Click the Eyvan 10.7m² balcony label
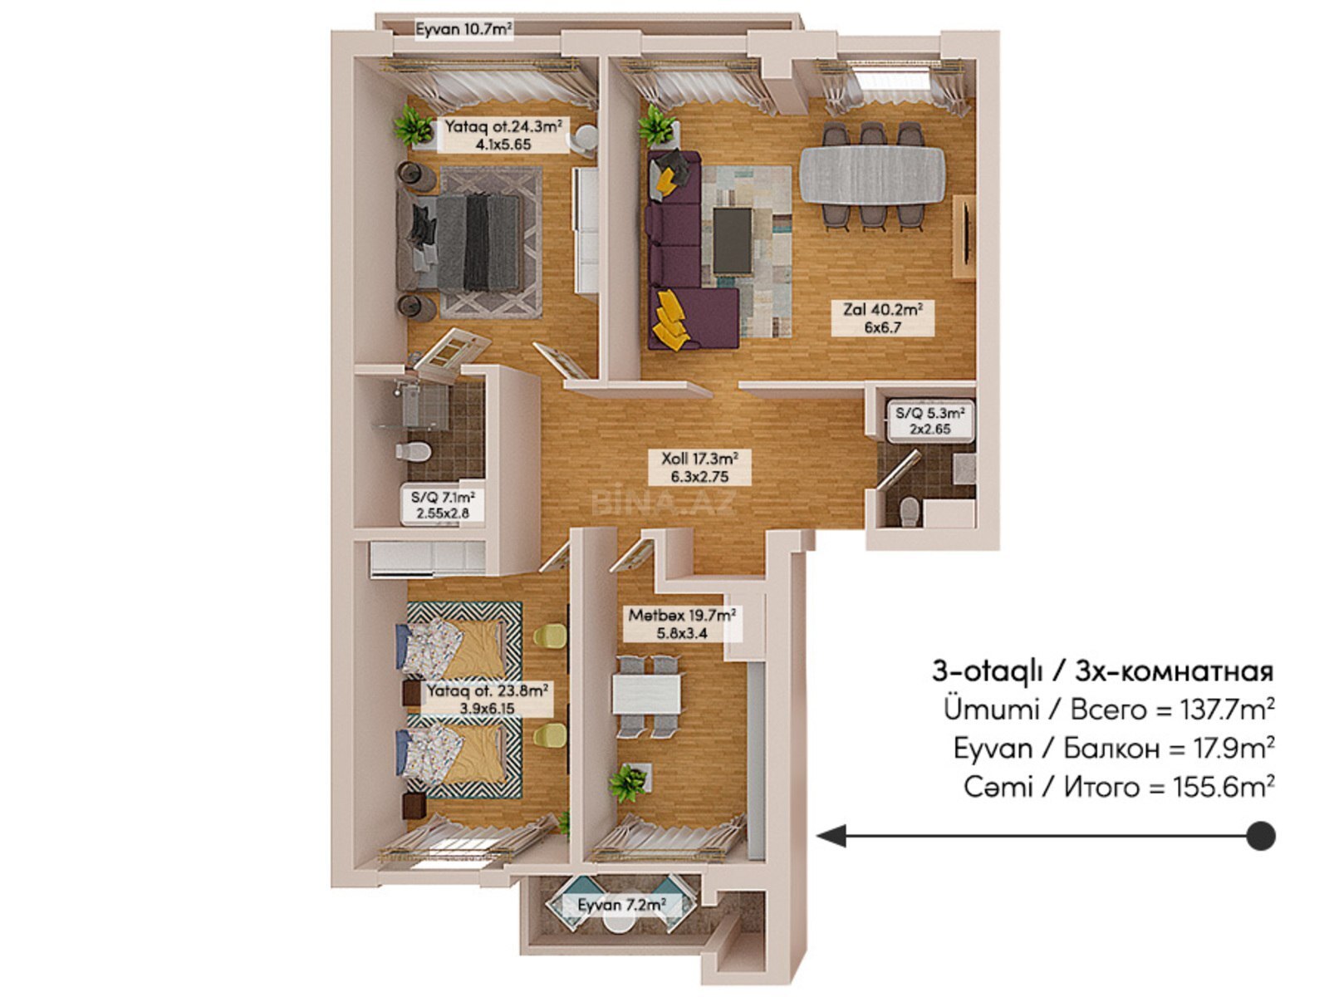pos(463,29)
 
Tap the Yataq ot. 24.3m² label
pos(503,135)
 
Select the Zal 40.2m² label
pos(883,319)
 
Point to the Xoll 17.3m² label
pos(699,467)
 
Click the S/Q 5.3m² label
pos(930,420)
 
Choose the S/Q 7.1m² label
pos(443,505)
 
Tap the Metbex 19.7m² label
pos(683,624)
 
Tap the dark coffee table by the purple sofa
pos(733,241)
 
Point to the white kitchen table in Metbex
pos(646,694)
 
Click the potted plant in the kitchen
pos(627,782)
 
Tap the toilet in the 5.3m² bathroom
pos(909,512)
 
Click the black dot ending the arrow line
pos(1261,836)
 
